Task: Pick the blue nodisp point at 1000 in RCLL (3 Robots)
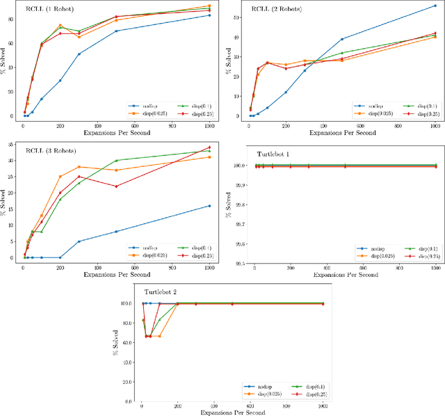(209, 206)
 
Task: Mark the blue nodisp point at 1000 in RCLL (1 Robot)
(209, 15)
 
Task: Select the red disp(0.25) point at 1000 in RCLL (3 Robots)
(209, 147)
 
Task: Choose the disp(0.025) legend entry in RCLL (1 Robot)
(145, 113)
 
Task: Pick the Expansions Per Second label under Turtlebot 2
(232, 414)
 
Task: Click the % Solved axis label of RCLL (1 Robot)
(6, 63)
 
